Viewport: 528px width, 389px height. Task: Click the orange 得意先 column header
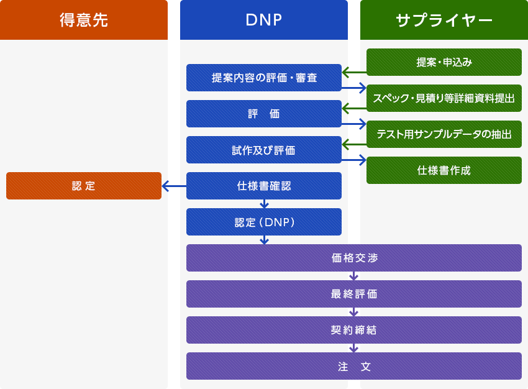pyautogui.click(x=84, y=20)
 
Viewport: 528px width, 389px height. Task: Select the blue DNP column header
pyautogui.click(x=264, y=20)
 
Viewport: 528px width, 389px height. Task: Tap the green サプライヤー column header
pyautogui.click(x=444, y=20)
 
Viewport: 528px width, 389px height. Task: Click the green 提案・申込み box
pyautogui.click(x=444, y=62)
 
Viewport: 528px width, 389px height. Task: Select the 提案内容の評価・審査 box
pyautogui.click(x=264, y=78)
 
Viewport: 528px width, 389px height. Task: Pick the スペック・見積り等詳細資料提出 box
pyautogui.click(x=444, y=98)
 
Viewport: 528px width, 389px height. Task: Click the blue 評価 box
pyautogui.click(x=264, y=114)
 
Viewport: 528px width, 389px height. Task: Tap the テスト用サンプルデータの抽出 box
pyautogui.click(x=444, y=134)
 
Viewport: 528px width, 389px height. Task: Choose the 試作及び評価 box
pyautogui.click(x=264, y=150)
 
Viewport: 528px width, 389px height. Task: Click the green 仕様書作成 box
pyautogui.click(x=444, y=170)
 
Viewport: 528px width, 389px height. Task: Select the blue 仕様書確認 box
pyautogui.click(x=264, y=186)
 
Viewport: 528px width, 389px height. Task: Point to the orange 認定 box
pyautogui.click(x=84, y=186)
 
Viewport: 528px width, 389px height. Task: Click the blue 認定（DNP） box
pyautogui.click(x=264, y=222)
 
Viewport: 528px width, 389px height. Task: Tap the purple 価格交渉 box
pyautogui.click(x=354, y=258)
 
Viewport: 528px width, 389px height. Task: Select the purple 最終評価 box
pyautogui.click(x=354, y=294)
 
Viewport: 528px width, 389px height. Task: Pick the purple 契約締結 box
pyautogui.click(x=354, y=330)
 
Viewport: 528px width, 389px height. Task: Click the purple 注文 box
pyautogui.click(x=354, y=366)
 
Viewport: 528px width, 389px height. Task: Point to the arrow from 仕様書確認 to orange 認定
pyautogui.click(x=174, y=186)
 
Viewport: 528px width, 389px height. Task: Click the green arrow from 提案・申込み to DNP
pyautogui.click(x=354, y=73)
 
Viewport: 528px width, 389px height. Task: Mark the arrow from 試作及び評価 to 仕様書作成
pyautogui.click(x=354, y=160)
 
